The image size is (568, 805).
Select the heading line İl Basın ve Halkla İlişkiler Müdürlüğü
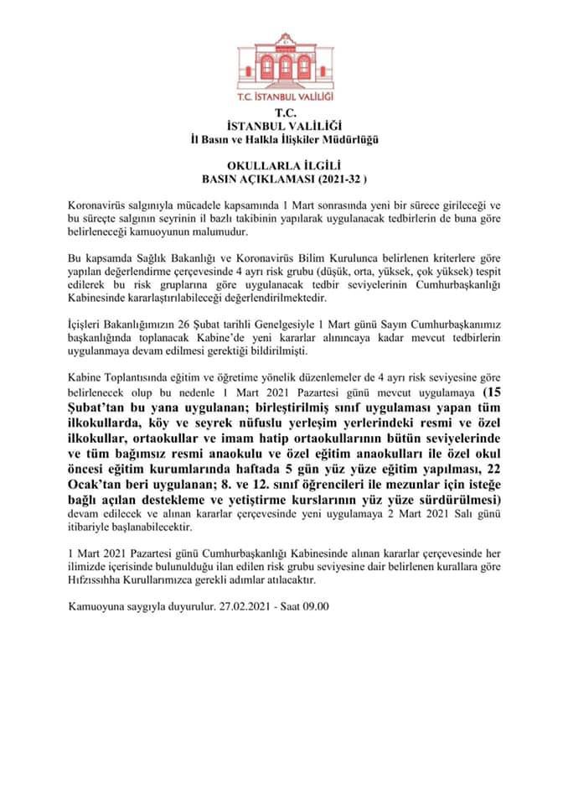click(285, 138)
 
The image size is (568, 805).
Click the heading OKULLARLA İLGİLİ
click(285, 166)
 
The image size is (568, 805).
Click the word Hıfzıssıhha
click(97, 579)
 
